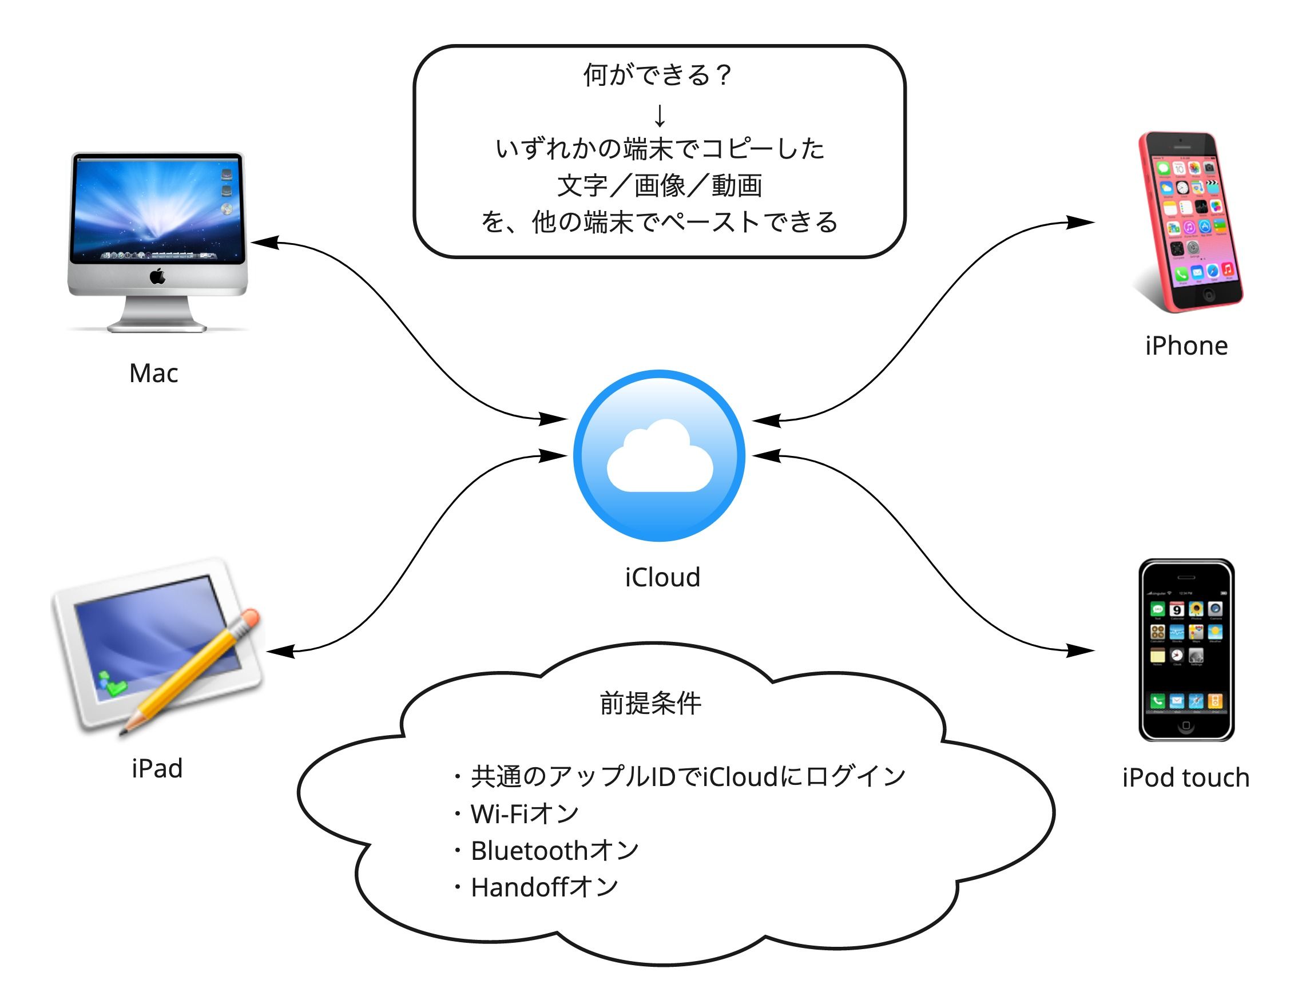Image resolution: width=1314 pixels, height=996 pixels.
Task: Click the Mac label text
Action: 153,373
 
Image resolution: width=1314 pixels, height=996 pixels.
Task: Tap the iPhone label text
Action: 1186,346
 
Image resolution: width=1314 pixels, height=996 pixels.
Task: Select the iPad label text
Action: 157,768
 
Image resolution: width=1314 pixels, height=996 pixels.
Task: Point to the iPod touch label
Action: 1186,777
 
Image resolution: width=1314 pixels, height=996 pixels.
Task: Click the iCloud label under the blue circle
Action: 662,577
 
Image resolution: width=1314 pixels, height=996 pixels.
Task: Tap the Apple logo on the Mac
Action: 157,276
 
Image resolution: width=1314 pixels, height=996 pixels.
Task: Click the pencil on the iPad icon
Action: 190,671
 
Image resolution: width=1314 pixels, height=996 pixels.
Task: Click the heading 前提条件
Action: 650,703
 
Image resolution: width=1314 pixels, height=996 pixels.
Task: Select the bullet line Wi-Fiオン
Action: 515,814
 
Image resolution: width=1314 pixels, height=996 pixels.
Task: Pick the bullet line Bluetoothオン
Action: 545,851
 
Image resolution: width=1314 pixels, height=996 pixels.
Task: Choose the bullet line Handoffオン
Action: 535,887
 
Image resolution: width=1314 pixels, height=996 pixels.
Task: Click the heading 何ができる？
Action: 658,76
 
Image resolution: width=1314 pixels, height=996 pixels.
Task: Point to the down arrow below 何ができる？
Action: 660,115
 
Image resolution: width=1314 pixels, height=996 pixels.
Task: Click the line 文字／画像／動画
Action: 660,185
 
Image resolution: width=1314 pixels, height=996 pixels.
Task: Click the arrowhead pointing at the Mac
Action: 265,242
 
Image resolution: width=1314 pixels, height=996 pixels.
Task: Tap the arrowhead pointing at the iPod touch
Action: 1080,651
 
